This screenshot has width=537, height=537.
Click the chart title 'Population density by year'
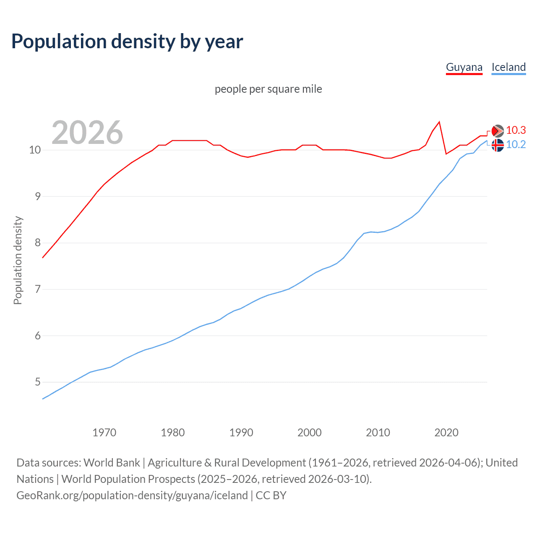[x=127, y=42]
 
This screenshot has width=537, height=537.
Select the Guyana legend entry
[x=464, y=67]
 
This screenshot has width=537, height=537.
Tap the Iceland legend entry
[x=508, y=67]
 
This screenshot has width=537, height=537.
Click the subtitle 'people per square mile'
[x=268, y=89]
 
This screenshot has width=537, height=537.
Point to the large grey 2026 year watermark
[x=87, y=133]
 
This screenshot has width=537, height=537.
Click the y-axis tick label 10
[x=35, y=150]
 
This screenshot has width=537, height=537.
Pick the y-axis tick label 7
[x=38, y=289]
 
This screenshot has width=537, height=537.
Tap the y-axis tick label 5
[x=38, y=382]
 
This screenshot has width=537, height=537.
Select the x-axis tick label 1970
[x=104, y=433]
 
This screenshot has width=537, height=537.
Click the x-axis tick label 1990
[x=241, y=433]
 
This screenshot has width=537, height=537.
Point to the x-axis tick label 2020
[x=446, y=433]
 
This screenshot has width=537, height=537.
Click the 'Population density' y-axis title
[x=18, y=260]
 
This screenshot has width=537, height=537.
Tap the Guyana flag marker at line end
[x=498, y=131]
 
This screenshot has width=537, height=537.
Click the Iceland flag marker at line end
[x=498, y=145]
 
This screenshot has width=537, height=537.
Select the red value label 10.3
[x=516, y=130]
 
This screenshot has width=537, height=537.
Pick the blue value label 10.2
[x=516, y=145]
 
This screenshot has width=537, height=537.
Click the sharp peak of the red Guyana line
[x=439, y=122]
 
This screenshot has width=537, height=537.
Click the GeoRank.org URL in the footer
[x=132, y=495]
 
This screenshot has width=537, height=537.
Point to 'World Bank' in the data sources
[x=112, y=463]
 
